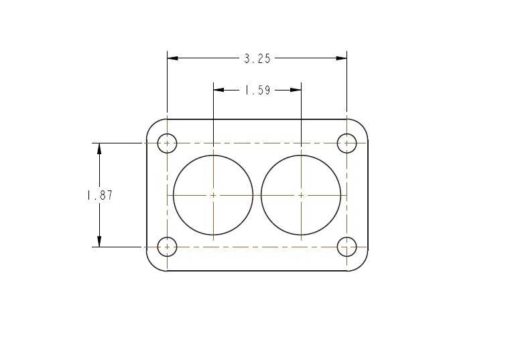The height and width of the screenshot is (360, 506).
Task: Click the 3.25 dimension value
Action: pos(257,59)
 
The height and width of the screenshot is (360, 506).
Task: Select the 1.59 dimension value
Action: pos(257,91)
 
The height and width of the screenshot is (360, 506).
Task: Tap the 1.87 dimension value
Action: pos(100,196)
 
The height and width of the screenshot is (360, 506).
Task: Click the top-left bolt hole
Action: pos(167,143)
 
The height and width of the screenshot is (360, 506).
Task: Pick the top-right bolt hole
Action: pos(346,143)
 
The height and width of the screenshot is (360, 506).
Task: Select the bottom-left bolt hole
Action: pos(167,247)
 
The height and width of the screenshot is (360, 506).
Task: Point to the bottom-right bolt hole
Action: pos(346,247)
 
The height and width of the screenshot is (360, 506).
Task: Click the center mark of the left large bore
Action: pos(213,195)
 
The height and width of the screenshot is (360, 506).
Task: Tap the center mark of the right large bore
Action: pos(301,195)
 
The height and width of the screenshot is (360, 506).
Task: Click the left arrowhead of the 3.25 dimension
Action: pos(172,58)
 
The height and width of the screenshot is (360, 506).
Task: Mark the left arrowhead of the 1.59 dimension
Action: pos(218,90)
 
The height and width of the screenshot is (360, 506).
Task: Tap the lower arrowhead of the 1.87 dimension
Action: pos(99,241)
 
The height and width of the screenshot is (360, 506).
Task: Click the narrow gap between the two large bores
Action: pos(257,195)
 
